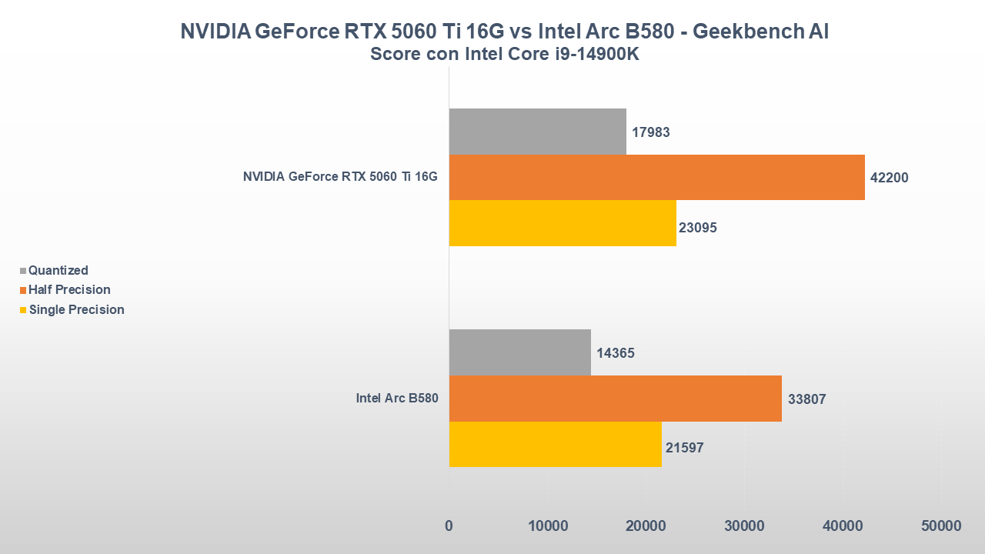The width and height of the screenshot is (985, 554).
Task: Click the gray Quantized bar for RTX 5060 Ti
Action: click(537, 132)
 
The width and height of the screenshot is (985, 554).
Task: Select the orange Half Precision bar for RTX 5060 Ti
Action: click(656, 177)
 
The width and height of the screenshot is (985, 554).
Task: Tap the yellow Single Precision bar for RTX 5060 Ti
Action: click(563, 223)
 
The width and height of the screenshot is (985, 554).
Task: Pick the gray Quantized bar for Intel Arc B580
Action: click(519, 352)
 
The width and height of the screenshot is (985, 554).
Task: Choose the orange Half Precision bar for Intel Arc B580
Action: click(615, 399)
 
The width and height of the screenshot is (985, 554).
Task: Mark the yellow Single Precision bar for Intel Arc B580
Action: click(555, 444)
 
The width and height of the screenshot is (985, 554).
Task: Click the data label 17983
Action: click(651, 132)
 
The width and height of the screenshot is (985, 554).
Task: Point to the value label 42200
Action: click(890, 178)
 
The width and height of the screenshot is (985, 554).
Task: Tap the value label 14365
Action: click(616, 353)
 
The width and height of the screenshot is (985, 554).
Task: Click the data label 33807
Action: click(807, 399)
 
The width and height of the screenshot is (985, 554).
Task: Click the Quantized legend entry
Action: click(58, 271)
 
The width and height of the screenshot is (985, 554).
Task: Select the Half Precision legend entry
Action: click(69, 290)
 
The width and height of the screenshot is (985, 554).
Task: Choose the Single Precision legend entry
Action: click(76, 310)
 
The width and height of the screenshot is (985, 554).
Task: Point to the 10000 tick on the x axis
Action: click(547, 526)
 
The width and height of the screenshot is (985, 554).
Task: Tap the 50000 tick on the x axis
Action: click(941, 526)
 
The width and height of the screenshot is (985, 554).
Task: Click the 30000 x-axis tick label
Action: click(744, 526)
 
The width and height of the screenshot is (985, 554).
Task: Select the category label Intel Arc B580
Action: click(396, 399)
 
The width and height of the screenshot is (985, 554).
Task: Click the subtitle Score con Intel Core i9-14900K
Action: click(505, 55)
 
